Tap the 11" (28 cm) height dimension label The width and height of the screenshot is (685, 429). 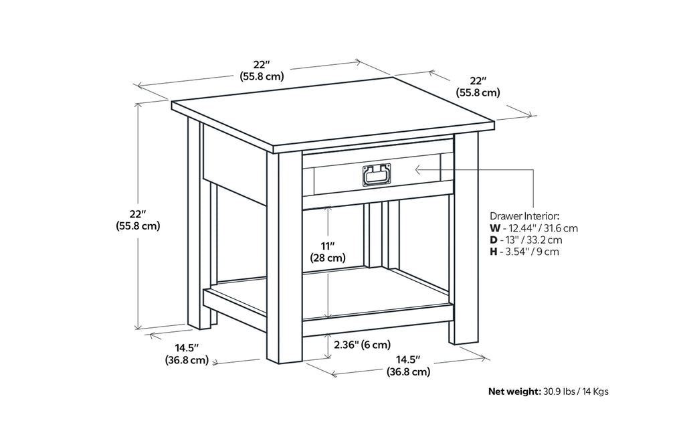click(x=328, y=252)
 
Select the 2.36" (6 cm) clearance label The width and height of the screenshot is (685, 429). click(x=361, y=345)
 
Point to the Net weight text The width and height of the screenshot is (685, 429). click(x=548, y=392)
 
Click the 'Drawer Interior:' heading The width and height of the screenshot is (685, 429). click(x=524, y=216)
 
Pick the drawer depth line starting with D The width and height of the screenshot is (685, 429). click(x=526, y=240)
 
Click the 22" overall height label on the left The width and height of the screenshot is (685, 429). click(x=137, y=220)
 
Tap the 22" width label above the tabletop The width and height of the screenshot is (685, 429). click(x=262, y=70)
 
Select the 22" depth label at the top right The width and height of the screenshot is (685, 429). click(x=478, y=87)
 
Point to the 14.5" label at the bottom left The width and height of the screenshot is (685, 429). click(x=186, y=354)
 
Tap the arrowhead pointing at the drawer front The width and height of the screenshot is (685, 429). click(x=418, y=170)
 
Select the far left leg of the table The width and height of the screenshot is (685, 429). click(x=195, y=228)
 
